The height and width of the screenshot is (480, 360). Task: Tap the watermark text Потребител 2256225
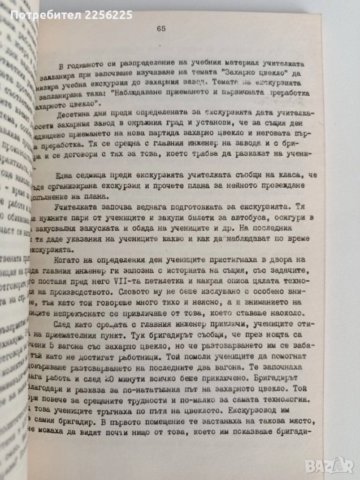pyautogui.click(x=71, y=15)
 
